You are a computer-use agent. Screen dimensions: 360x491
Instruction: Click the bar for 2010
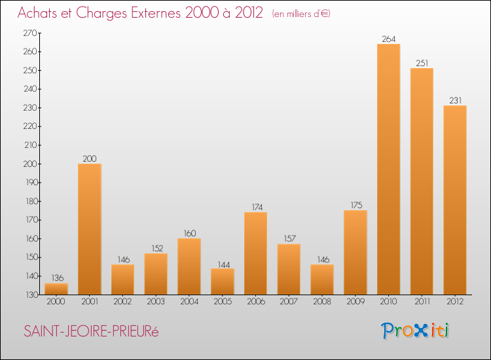(x=388, y=169)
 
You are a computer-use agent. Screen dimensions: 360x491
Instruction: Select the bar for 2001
(x=89, y=228)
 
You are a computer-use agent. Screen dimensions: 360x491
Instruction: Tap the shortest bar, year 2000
(x=56, y=289)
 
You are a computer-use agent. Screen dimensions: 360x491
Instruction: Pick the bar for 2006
(x=255, y=253)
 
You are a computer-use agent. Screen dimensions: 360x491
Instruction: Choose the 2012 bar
(x=454, y=200)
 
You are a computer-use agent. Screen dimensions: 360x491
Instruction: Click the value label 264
(x=388, y=39)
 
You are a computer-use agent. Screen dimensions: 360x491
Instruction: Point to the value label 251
(x=422, y=63)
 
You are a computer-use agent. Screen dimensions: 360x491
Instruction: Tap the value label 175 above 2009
(x=355, y=206)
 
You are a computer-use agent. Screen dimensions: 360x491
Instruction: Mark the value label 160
(x=189, y=233)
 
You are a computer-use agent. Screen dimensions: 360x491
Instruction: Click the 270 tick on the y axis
(x=31, y=33)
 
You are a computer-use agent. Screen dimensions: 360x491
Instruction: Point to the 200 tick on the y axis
(x=31, y=164)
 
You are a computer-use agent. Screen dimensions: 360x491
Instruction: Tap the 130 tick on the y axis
(x=31, y=295)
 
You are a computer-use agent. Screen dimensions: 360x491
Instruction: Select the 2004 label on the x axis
(x=189, y=301)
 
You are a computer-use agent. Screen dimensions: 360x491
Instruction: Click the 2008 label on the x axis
(x=321, y=301)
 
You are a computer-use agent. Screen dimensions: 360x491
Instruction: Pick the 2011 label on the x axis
(x=422, y=301)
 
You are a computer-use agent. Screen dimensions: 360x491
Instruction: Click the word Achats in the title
(x=39, y=13)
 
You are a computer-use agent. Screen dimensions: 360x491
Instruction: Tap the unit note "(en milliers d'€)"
(x=301, y=14)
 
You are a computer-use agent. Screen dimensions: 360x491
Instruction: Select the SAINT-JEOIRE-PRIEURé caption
(x=91, y=332)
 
